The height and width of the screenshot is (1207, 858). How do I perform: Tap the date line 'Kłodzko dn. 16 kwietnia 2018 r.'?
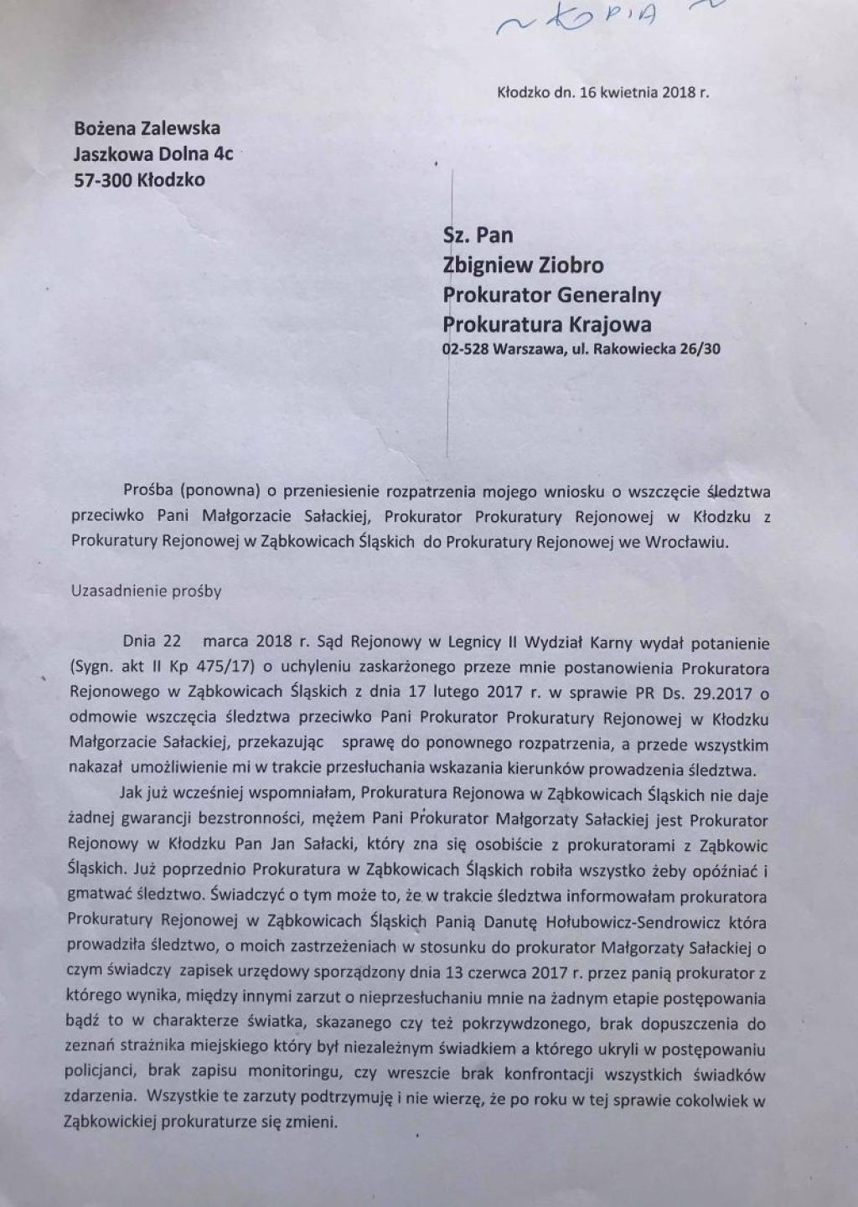pyautogui.click(x=603, y=93)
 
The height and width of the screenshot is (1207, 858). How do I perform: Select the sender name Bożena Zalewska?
pyautogui.click(x=147, y=128)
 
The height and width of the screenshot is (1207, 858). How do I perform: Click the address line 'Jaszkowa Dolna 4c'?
pyautogui.click(x=153, y=154)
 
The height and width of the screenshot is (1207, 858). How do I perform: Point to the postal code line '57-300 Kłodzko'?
pyautogui.click(x=139, y=179)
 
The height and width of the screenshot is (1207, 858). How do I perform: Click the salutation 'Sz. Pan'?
pyautogui.click(x=478, y=235)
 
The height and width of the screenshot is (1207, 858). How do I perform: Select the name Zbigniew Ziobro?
pyautogui.click(x=523, y=266)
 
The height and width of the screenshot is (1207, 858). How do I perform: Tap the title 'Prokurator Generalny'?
pyautogui.click(x=552, y=295)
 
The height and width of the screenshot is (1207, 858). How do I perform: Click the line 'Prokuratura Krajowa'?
pyautogui.click(x=547, y=323)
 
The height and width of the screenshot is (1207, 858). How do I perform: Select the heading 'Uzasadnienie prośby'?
pyautogui.click(x=147, y=591)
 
